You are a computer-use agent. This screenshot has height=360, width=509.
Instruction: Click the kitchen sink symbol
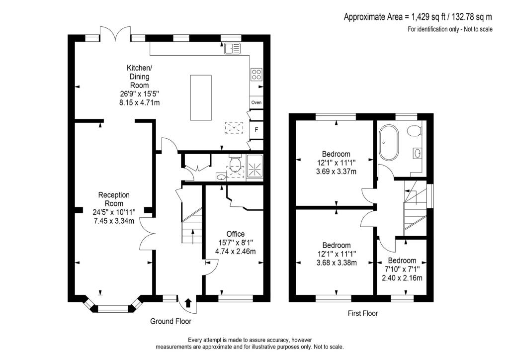pyautogui.click(x=232, y=48)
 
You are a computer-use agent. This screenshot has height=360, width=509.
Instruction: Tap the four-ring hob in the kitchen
pyautogui.click(x=256, y=75)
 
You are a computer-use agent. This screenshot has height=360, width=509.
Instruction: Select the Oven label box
pyautogui.click(x=256, y=102)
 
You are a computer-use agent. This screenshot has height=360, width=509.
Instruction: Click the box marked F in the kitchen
pyautogui.click(x=256, y=130)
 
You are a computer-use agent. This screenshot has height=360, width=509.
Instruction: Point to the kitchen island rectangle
pyautogui.click(x=201, y=97)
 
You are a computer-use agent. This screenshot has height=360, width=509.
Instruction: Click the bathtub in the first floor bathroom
pyautogui.click(x=388, y=143)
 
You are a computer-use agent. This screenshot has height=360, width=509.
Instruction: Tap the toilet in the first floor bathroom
pyautogui.click(x=414, y=131)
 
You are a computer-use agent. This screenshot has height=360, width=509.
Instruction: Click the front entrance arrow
pyautogui.click(x=188, y=303)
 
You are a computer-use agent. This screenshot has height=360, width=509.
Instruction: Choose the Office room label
pyautogui.click(x=236, y=234)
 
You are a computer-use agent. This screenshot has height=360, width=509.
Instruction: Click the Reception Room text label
pyautogui.click(x=113, y=199)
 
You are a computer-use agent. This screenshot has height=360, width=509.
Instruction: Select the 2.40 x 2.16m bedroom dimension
pyautogui.click(x=402, y=278)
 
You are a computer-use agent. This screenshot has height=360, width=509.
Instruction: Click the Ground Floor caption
pyautogui.click(x=170, y=321)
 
